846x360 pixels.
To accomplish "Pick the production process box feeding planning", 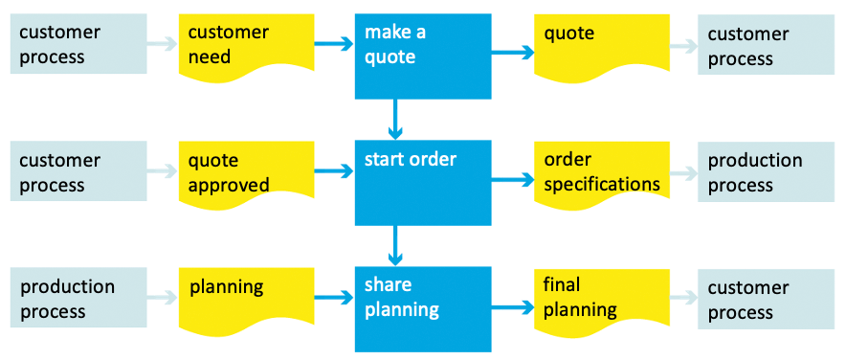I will (78, 299).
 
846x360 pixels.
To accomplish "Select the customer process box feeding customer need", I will (78, 44).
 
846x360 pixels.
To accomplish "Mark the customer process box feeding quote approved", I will (78, 172).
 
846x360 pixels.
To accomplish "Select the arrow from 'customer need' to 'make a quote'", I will (335, 44).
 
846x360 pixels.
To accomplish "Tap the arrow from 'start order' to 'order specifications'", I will (513, 179).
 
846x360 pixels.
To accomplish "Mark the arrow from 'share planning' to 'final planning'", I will (513, 307).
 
